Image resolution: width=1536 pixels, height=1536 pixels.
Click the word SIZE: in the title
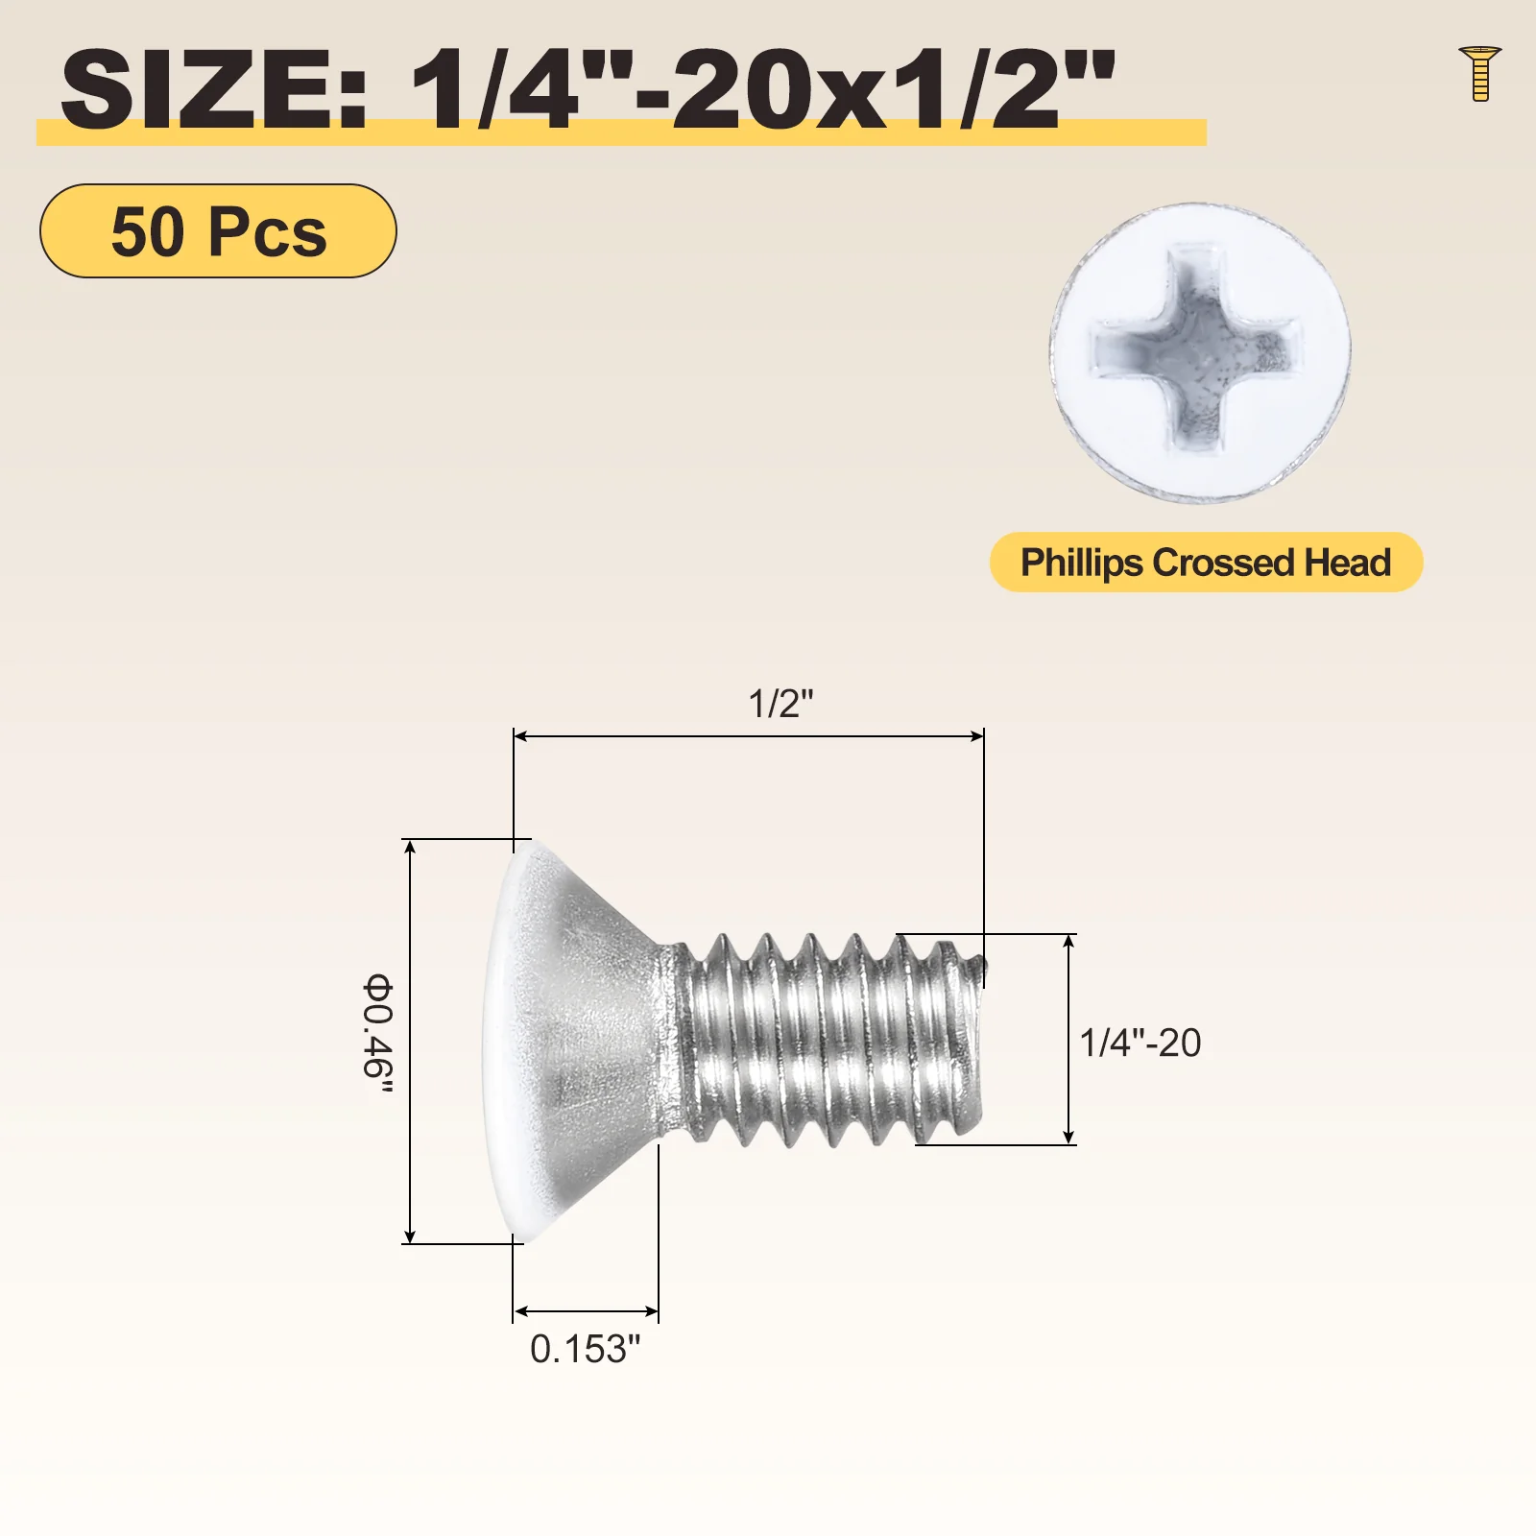coord(214,89)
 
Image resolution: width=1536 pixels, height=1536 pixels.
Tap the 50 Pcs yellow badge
coord(218,230)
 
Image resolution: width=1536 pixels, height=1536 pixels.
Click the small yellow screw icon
coord(1479,73)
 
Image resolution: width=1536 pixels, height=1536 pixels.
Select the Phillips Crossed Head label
coord(1206,562)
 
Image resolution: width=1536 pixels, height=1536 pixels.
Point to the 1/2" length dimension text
coord(780,704)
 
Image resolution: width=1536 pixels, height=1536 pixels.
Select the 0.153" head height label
coord(585,1349)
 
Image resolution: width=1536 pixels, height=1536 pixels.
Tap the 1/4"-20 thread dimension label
coord(1140,1043)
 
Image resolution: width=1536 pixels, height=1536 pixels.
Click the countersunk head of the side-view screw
coord(576,1042)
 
